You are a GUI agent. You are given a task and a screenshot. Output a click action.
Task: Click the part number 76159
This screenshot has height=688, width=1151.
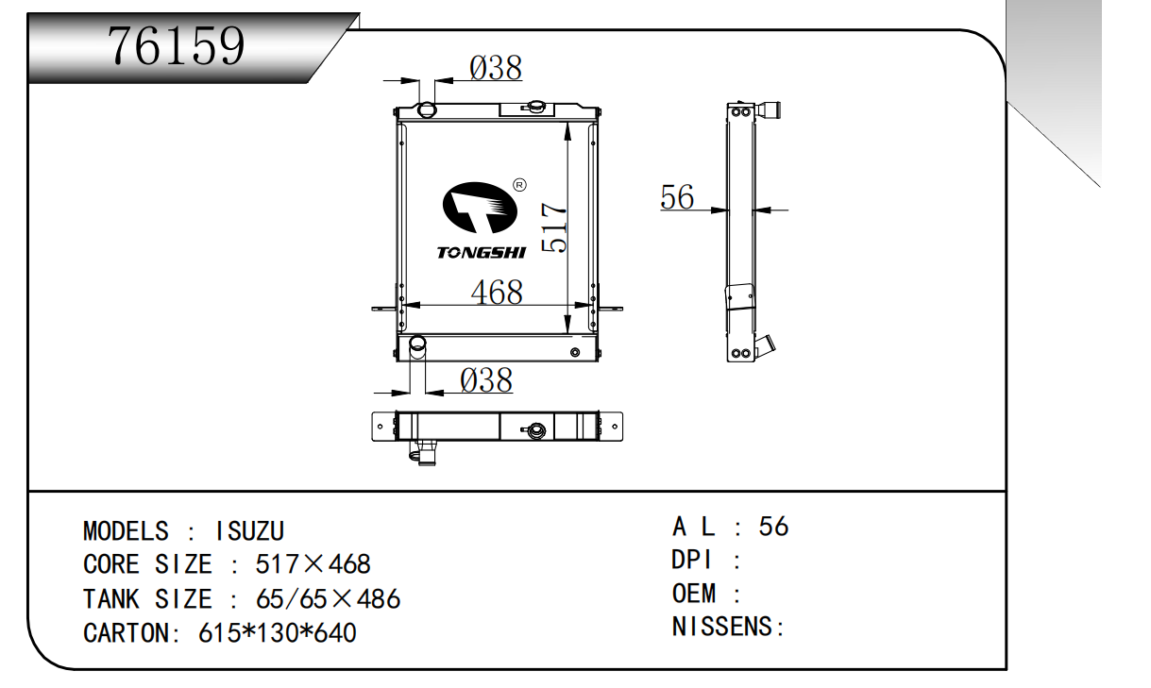[x=177, y=44]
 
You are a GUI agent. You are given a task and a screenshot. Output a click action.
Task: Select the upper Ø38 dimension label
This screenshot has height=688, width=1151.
[x=495, y=68]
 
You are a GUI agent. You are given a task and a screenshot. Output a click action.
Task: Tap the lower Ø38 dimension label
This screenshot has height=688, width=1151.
[x=485, y=379]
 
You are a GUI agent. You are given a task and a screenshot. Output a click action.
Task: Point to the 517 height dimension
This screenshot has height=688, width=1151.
[x=557, y=228]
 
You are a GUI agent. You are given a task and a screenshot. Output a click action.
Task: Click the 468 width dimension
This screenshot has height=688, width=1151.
[x=497, y=293]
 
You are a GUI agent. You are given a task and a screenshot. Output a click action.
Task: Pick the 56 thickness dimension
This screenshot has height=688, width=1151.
[x=677, y=197]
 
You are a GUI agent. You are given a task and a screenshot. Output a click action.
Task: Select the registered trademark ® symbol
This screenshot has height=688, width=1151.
[x=518, y=184]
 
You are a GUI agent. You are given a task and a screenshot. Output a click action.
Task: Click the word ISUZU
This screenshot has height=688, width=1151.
[x=250, y=531]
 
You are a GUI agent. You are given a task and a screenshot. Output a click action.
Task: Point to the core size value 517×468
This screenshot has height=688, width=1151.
[x=313, y=564]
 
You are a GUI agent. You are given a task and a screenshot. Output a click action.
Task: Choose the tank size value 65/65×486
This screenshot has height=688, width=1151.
[x=328, y=598]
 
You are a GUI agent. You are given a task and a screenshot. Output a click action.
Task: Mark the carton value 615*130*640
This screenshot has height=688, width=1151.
[x=278, y=632]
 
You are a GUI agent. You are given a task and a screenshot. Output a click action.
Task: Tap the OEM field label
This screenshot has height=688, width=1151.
[x=694, y=594]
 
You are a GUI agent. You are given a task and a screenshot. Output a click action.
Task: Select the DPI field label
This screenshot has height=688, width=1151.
[x=692, y=560]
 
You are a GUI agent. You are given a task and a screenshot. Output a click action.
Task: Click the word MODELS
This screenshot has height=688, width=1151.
[x=126, y=531]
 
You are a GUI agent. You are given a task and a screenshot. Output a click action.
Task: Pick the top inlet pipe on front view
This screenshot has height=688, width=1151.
[x=426, y=109]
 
